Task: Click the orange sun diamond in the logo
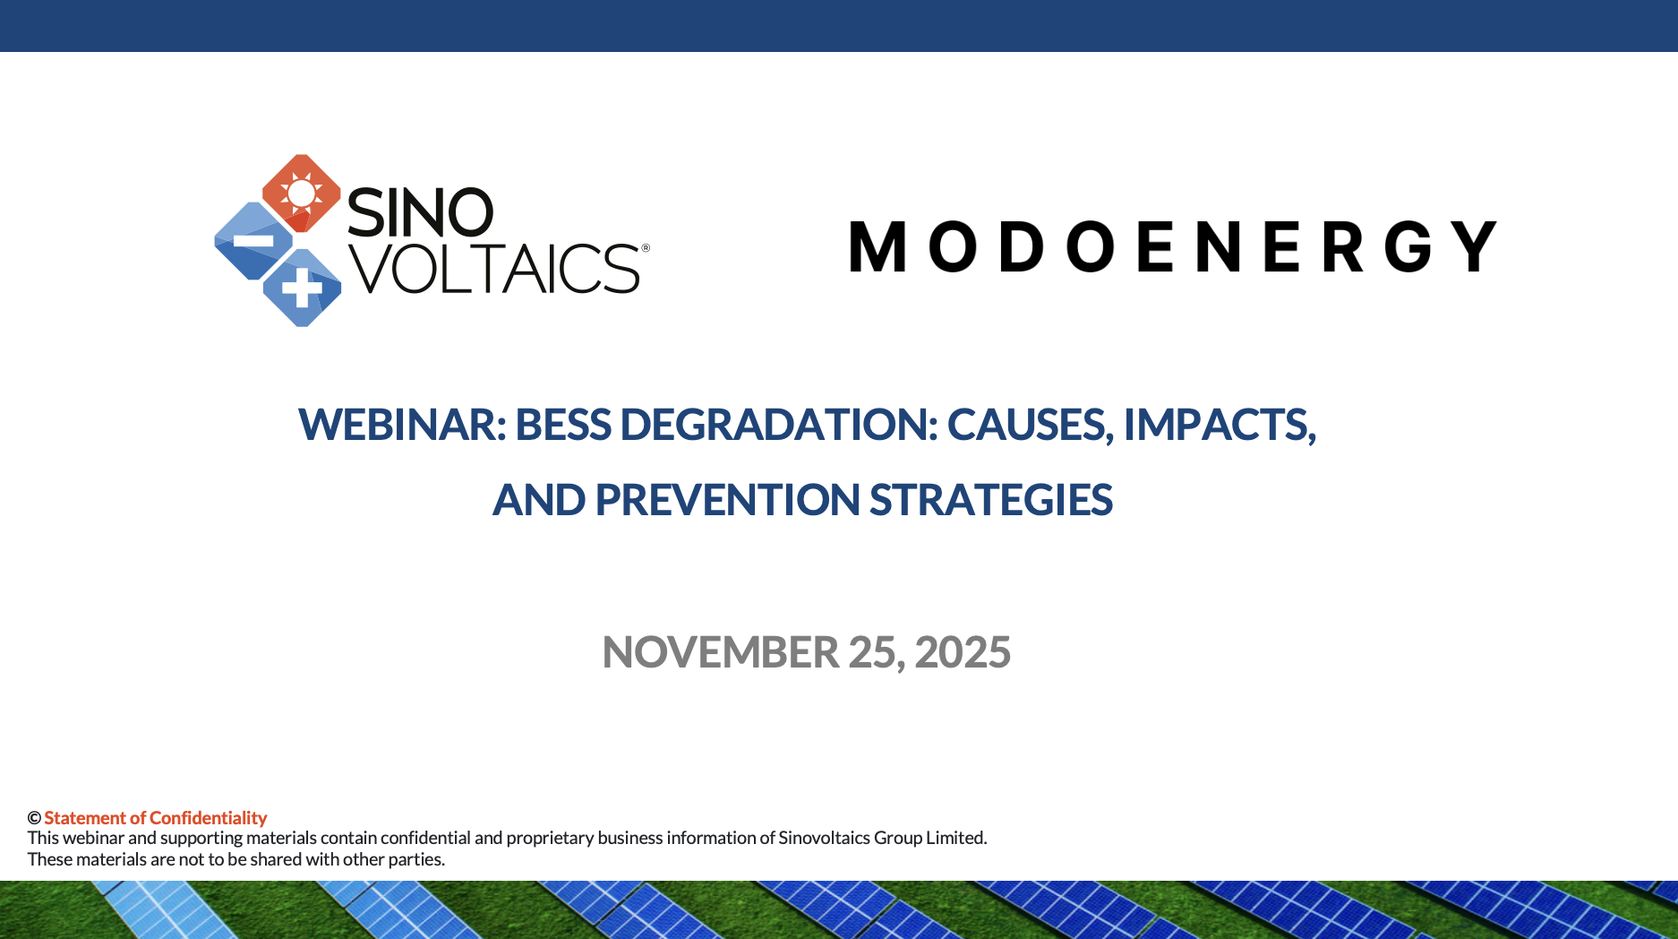[x=302, y=193]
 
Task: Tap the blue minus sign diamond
[x=254, y=241]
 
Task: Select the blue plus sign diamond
[x=302, y=288]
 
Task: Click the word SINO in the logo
[x=420, y=212]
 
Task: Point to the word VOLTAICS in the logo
[x=494, y=268]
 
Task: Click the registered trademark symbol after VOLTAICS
[x=646, y=247]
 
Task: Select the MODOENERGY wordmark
[x=1172, y=246]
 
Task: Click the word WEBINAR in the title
[x=402, y=424]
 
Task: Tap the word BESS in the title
[x=563, y=424]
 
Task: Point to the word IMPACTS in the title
[x=1220, y=425]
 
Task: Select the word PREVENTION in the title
[x=727, y=500]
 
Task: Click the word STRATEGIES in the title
[x=991, y=500]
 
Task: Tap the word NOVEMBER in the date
[x=721, y=652]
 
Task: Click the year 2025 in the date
[x=963, y=652]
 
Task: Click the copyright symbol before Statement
[x=34, y=818]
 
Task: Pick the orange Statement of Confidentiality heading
[x=156, y=818]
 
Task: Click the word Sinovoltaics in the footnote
[x=824, y=838]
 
